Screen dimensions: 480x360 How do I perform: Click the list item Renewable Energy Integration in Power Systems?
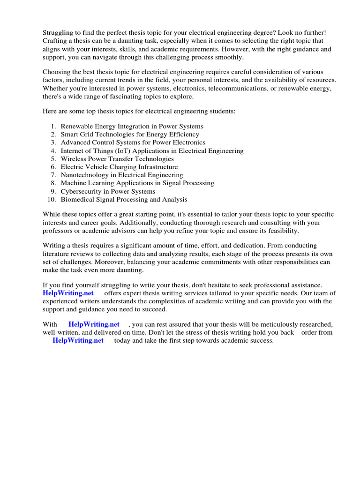(x=132, y=126)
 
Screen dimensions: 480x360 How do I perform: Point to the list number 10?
(x=52, y=200)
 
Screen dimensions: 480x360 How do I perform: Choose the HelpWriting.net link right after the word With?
(x=94, y=324)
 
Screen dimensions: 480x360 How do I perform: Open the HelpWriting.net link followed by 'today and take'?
(x=78, y=341)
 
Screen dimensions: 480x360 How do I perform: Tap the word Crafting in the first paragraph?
(x=56, y=40)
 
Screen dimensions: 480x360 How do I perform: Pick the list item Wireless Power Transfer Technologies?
(x=117, y=159)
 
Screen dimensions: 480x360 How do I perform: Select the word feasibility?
(x=281, y=231)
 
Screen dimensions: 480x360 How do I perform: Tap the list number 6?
(x=53, y=167)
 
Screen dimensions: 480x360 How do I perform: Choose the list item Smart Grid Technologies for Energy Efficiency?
(x=130, y=134)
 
